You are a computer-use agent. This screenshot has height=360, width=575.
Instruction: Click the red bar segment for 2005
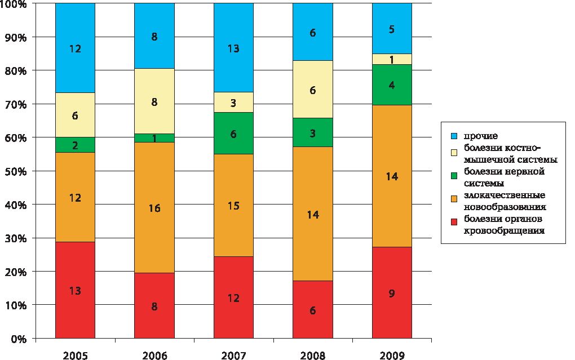coord(75,290)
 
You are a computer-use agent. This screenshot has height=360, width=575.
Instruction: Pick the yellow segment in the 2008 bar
coord(312,90)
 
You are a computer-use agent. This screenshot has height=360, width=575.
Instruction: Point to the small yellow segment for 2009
coord(392,59)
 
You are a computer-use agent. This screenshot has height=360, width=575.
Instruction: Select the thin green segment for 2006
coord(154,138)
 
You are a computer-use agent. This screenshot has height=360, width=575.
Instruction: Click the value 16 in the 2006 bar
coord(154,208)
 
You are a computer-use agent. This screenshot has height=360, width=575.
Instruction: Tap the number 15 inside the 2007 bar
coord(233,206)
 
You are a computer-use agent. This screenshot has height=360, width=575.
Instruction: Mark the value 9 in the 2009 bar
coord(392,293)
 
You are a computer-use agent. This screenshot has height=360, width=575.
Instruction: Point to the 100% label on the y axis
coord(13,5)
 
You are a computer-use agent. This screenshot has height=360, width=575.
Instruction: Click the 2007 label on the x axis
coord(233,355)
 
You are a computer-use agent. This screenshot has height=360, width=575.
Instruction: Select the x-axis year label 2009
coord(392,355)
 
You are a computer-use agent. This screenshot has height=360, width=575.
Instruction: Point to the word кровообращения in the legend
coord(500,230)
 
